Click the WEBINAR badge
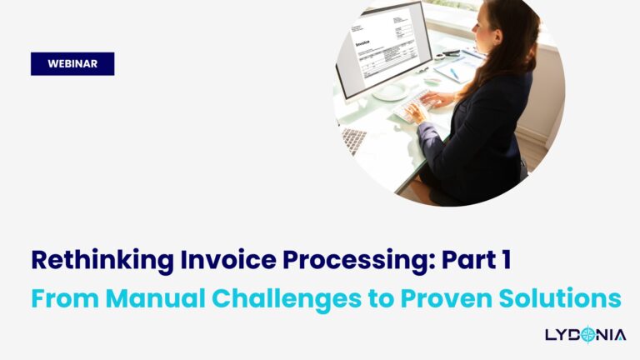coord(72,64)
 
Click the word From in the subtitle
coord(60,297)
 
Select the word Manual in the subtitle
coord(149,297)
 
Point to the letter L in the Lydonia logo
coord(551,336)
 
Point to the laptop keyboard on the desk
coord(352,140)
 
